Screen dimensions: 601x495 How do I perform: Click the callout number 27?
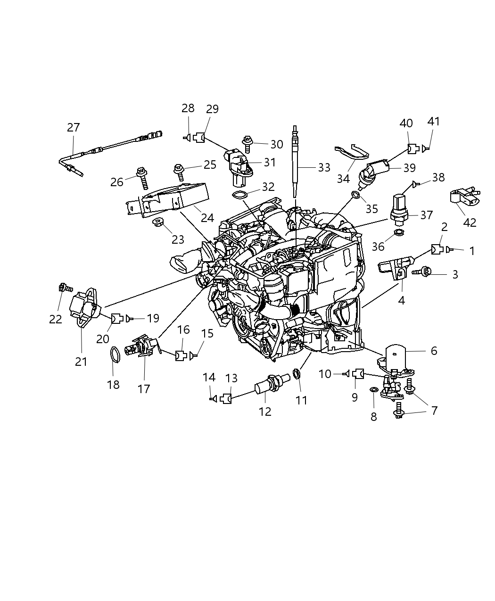[x=74, y=128]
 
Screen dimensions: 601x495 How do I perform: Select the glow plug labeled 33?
[x=296, y=165]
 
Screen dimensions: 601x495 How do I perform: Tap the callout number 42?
[x=470, y=222]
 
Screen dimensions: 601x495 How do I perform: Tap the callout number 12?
[x=265, y=412]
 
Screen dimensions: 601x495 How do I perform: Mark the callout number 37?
[x=426, y=215]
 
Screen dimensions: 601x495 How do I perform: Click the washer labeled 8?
[x=373, y=389]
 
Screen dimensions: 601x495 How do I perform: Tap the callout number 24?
[x=207, y=218]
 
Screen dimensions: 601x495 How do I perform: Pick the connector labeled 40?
[x=413, y=149]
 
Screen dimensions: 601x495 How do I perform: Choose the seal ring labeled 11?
[x=297, y=374]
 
